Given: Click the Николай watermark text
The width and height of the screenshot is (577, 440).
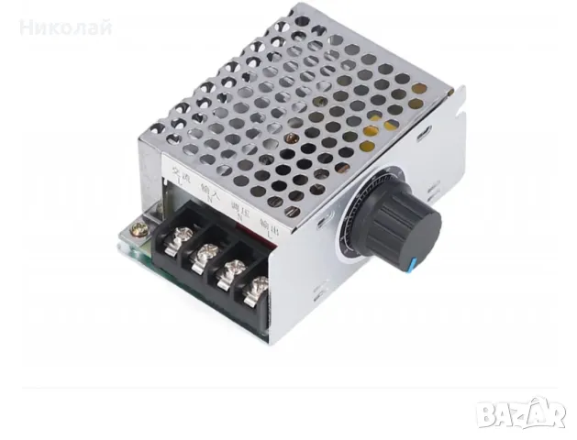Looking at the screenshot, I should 65,27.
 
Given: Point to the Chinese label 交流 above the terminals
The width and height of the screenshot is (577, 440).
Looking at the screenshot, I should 173,172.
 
